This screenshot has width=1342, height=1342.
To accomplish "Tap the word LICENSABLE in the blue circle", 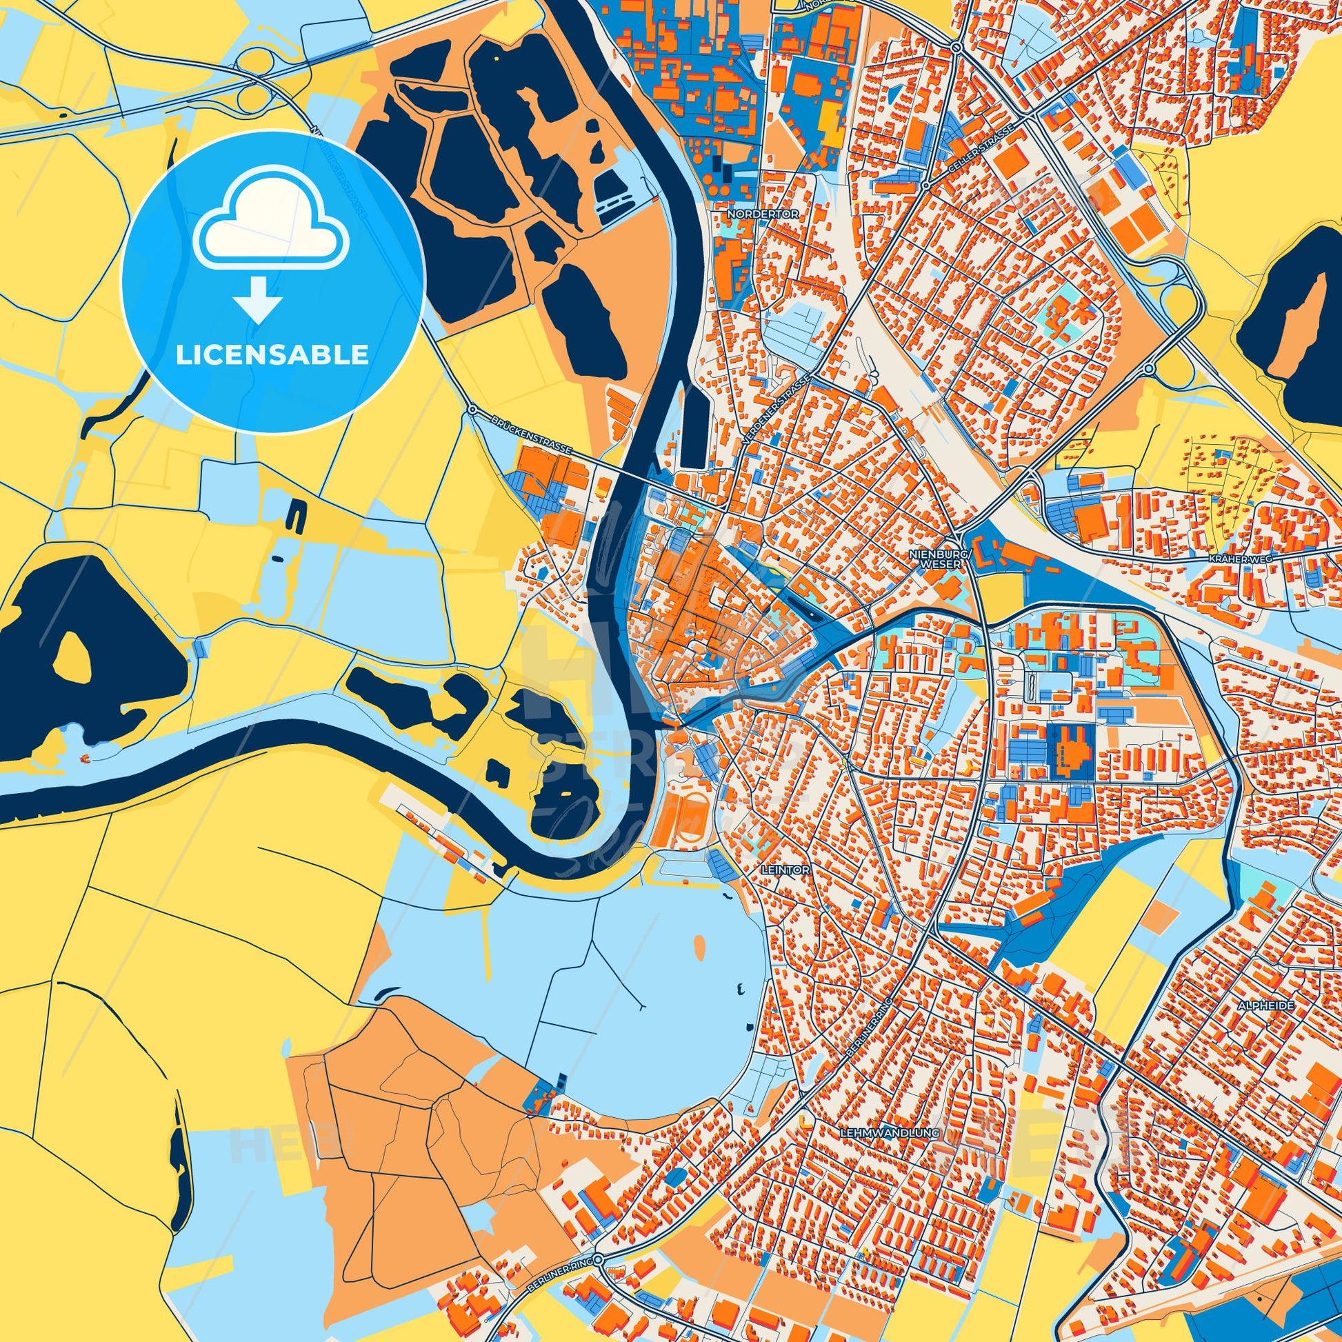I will coord(272,355).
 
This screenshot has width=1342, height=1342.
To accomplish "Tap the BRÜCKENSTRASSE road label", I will coord(530,436).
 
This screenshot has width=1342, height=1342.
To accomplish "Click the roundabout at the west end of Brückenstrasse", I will coord(472,411).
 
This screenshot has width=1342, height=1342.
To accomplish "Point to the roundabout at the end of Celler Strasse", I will coord(926,186).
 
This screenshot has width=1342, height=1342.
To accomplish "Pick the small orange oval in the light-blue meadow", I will coord(699,946).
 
